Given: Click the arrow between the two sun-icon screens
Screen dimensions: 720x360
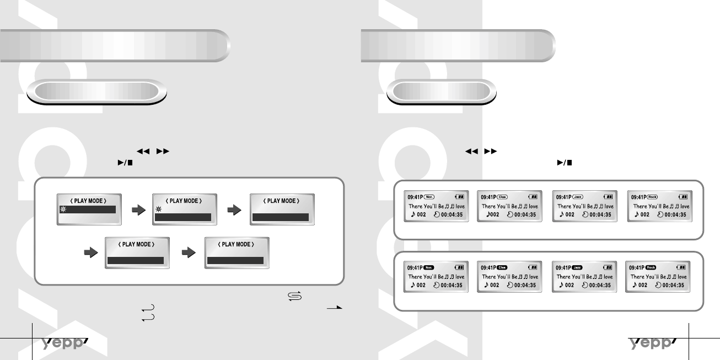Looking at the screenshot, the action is coord(136,209).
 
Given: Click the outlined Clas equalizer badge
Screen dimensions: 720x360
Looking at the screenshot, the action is coord(502,196).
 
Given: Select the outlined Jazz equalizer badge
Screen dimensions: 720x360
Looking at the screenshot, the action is coord(577,196).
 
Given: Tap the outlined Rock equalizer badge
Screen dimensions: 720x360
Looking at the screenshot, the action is coord(652,196).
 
